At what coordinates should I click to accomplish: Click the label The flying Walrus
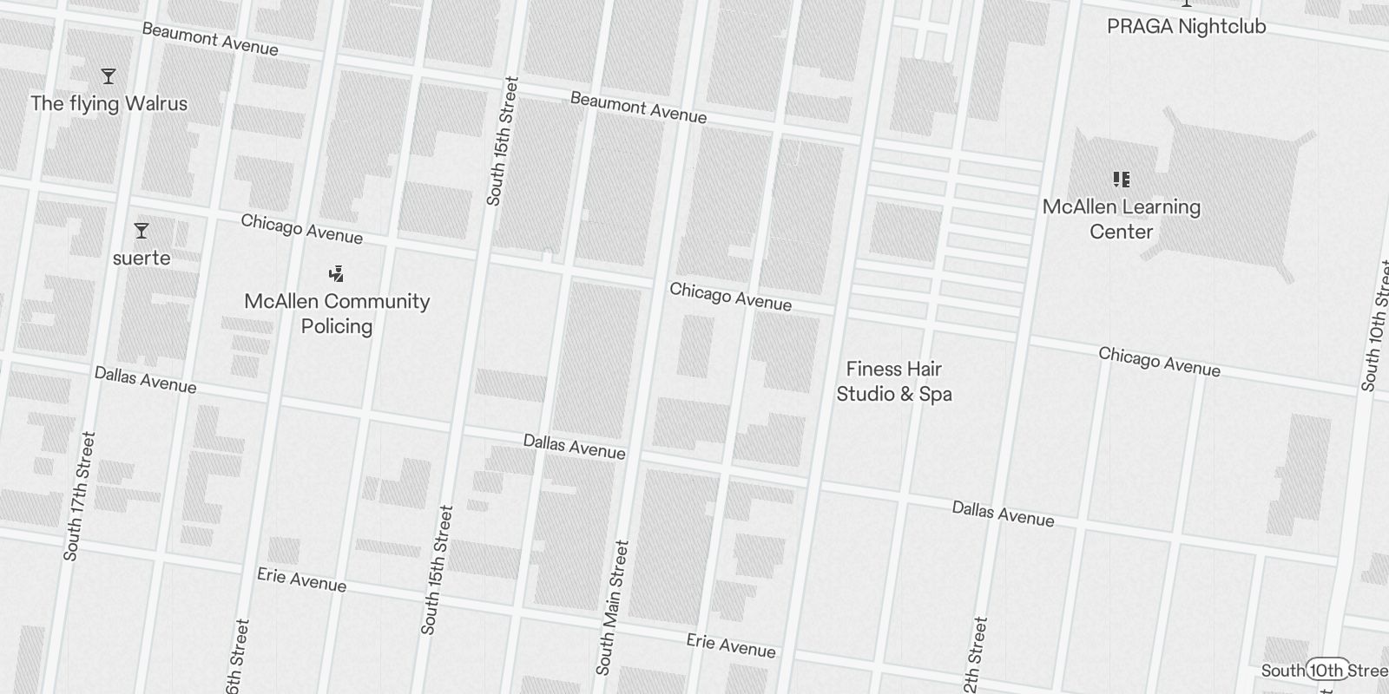click(109, 104)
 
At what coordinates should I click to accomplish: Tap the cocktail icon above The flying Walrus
click(109, 76)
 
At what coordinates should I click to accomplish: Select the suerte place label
click(142, 258)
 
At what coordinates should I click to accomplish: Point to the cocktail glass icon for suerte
click(142, 231)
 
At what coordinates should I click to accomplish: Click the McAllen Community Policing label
click(337, 313)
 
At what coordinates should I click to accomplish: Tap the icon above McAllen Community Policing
click(337, 274)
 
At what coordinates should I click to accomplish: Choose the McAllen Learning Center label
click(1122, 219)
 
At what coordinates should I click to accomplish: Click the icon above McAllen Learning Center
click(1122, 180)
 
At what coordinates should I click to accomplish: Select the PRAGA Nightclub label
click(1186, 26)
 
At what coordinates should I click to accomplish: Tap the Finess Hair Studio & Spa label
click(894, 382)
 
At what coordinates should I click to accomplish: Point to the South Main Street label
click(612, 607)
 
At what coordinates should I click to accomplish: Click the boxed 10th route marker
click(1326, 670)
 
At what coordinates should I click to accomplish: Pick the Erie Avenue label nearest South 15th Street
click(301, 579)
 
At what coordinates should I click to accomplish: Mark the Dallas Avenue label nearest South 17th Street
click(145, 379)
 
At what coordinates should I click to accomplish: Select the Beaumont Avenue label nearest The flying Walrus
click(210, 40)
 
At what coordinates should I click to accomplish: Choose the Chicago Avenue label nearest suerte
click(301, 229)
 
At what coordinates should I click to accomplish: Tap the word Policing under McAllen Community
click(337, 326)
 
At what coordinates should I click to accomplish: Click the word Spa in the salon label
click(936, 394)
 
